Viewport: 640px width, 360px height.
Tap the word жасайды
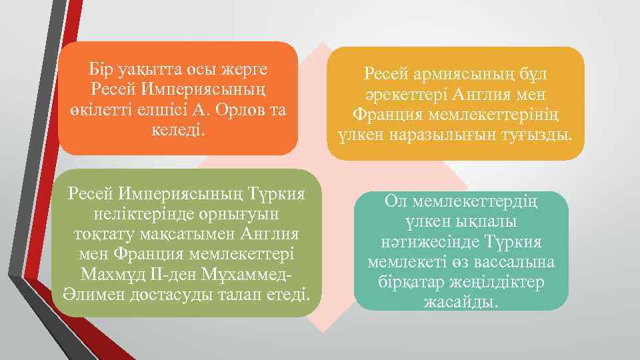point(461,301)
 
